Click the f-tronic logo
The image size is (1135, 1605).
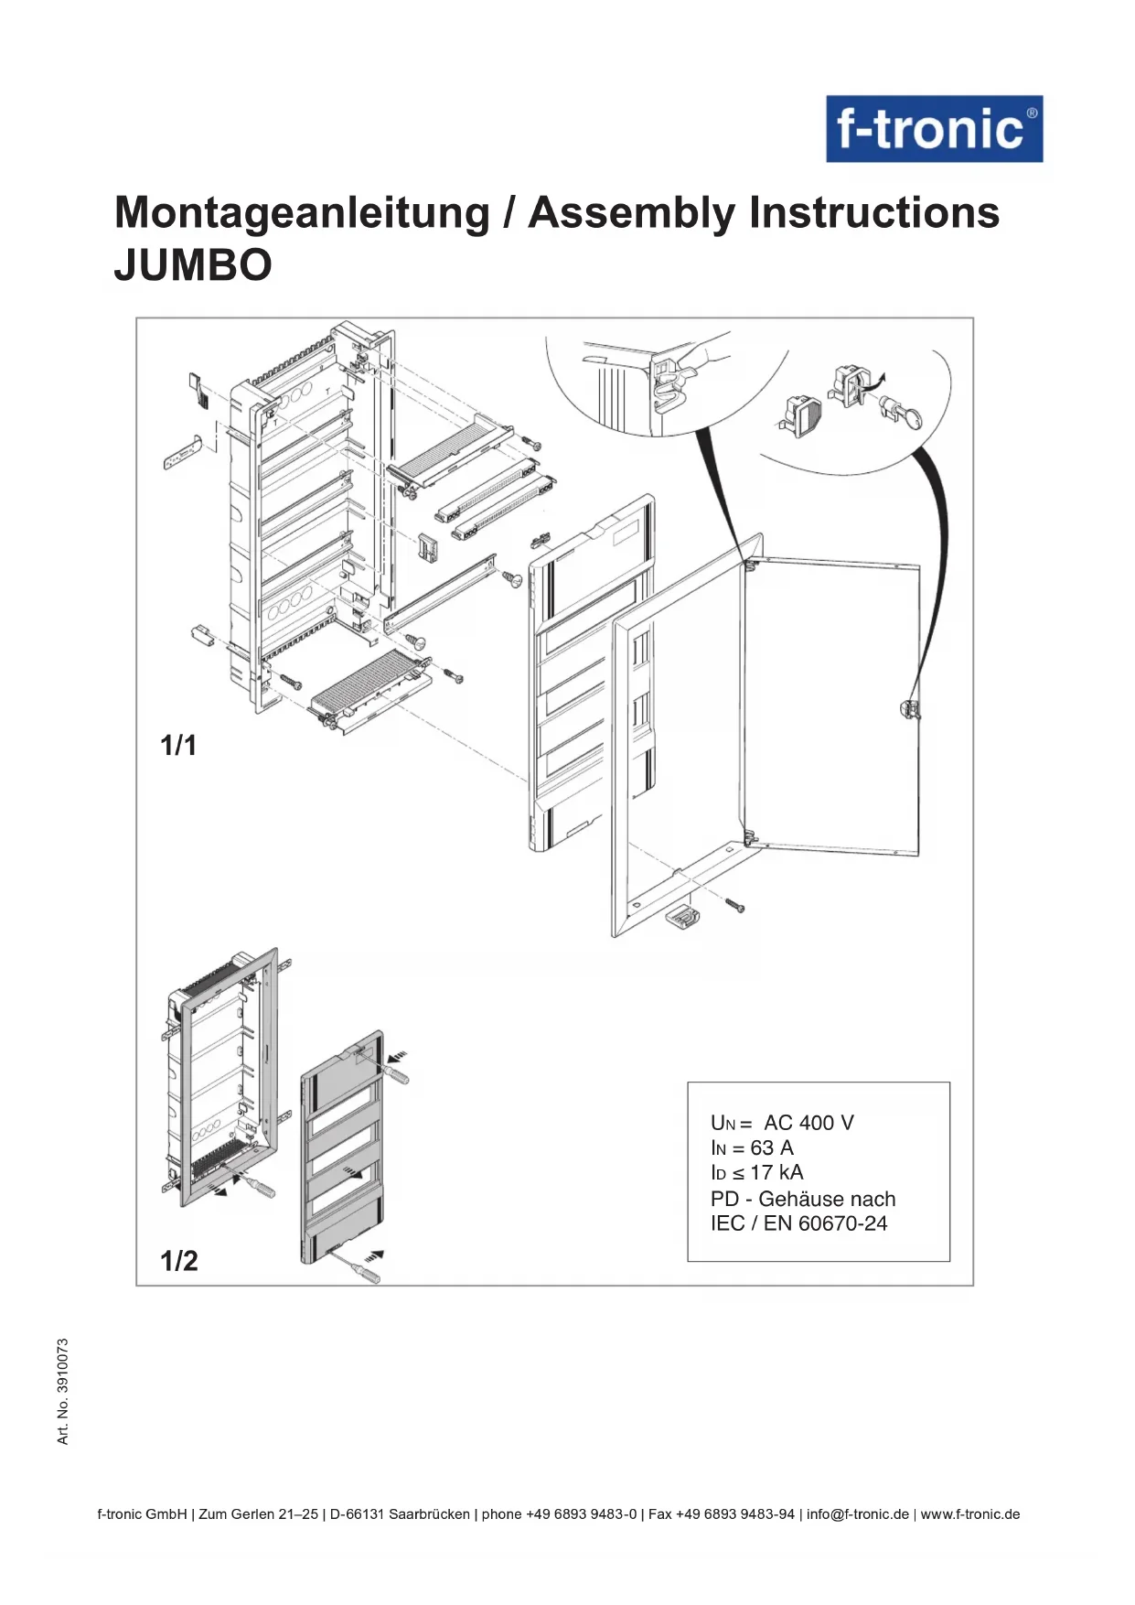pyautogui.click(x=934, y=129)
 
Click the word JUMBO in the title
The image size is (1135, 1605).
pyautogui.click(x=193, y=265)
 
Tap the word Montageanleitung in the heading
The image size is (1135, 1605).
pyautogui.click(x=303, y=213)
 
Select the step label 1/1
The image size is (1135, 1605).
pyautogui.click(x=178, y=746)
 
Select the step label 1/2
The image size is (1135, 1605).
pyautogui.click(x=179, y=1261)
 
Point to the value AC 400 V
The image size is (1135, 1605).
pyautogui.click(x=808, y=1123)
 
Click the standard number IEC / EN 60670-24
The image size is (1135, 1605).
pyautogui.click(x=798, y=1223)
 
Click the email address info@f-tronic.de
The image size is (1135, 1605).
pyautogui.click(x=857, y=1513)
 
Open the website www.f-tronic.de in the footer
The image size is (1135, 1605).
pyautogui.click(x=969, y=1513)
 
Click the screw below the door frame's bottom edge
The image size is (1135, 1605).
pyautogui.click(x=734, y=905)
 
